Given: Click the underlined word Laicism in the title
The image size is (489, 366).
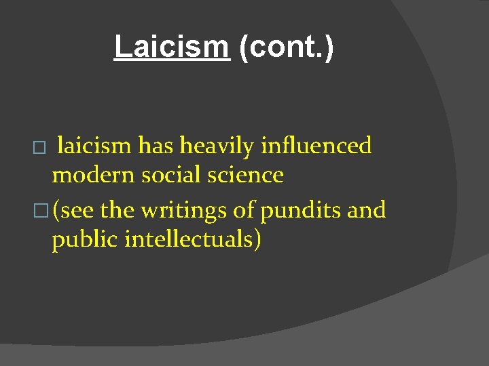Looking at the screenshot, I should [x=171, y=47].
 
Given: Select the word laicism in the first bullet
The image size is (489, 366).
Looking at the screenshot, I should [x=94, y=145].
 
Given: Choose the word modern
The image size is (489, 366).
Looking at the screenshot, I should [x=93, y=176].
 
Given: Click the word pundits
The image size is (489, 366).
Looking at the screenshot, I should [x=300, y=211].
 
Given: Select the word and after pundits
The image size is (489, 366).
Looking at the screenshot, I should [x=367, y=210].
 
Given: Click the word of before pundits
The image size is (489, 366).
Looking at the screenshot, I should [x=242, y=210].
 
